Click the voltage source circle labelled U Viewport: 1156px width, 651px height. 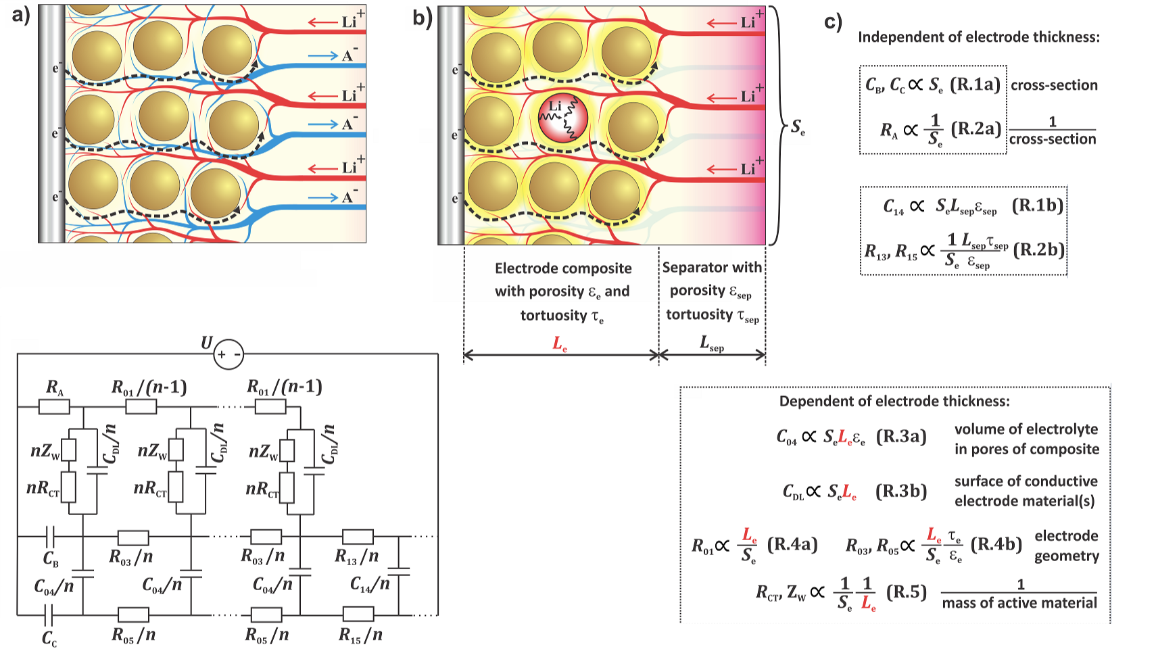click(x=228, y=354)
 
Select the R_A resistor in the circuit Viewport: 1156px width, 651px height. click(x=54, y=406)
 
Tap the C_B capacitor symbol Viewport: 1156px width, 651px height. click(x=49, y=537)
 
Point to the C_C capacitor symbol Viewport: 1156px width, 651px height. click(x=49, y=615)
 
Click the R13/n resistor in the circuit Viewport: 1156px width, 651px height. click(x=358, y=537)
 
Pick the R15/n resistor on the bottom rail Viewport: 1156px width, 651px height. click(x=358, y=614)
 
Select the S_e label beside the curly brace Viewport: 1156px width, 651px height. click(x=798, y=126)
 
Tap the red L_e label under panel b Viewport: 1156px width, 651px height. click(x=560, y=344)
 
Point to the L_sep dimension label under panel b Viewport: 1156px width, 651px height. click(x=712, y=345)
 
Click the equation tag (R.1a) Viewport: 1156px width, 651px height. click(x=975, y=85)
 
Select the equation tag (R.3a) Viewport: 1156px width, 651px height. click(x=901, y=437)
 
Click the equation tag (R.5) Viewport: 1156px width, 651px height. click(x=906, y=592)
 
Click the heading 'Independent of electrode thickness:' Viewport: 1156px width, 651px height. click(x=978, y=37)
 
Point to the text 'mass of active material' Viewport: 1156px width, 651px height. click(x=1019, y=602)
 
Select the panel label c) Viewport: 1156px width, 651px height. click(x=834, y=22)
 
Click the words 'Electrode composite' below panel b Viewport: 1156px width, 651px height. click(x=563, y=268)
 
